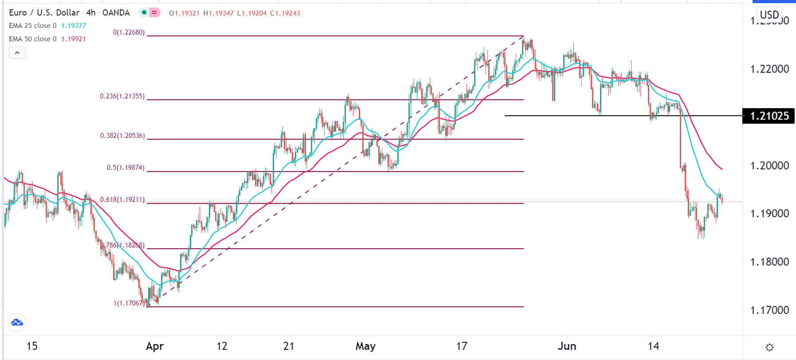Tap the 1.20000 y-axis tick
pos(769,166)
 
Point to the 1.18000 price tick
pos(769,262)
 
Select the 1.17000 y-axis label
pos(769,310)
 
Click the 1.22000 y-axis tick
pos(769,69)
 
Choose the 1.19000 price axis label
pos(769,214)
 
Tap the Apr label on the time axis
pos(155,346)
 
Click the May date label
pos(365,346)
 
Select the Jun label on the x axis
pos(567,346)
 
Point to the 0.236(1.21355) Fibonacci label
pos(122,96)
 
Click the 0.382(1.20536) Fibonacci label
pos(122,136)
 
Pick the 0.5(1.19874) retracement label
pos(125,168)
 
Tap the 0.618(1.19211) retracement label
pos(122,200)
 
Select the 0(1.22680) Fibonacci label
pos(129,32)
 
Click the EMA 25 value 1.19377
pos(74,26)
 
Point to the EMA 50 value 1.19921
pos(74,39)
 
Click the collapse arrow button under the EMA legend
pos(17,53)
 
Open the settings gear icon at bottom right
pos(770,347)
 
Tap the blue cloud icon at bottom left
pos(17,322)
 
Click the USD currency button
pos(769,15)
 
